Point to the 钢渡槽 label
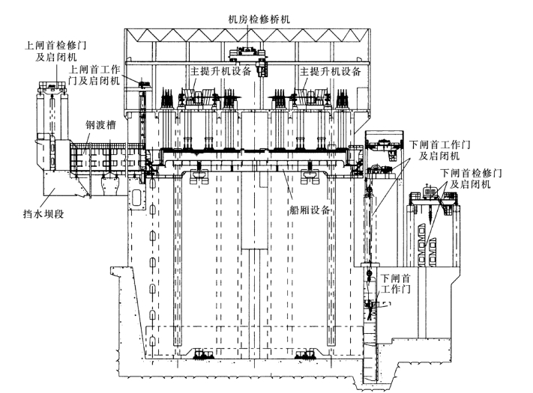coord(99,127)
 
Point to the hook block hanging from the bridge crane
coord(263,72)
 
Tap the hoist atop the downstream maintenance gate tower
coord(430,192)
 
